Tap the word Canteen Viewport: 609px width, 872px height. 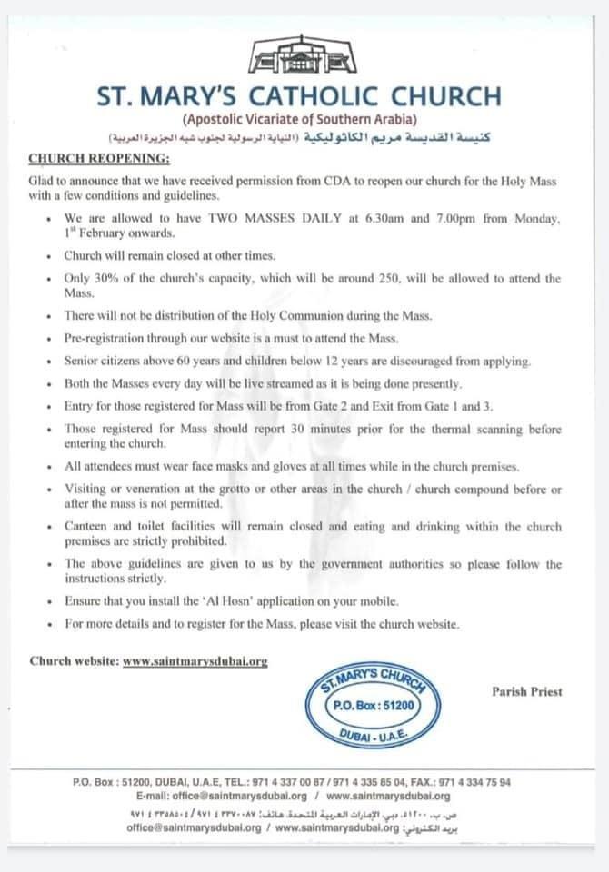(88, 527)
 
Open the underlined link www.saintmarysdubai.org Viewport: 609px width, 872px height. (195, 661)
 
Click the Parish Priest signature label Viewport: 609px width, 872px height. (527, 691)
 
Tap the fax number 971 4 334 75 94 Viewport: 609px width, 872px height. (486, 782)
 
